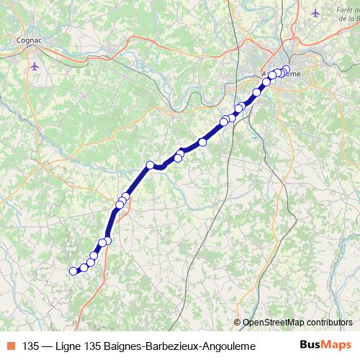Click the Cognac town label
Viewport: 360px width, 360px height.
(x=30, y=41)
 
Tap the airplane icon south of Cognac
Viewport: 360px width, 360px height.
(x=35, y=66)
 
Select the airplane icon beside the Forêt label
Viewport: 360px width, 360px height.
(x=315, y=13)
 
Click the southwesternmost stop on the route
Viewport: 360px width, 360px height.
(x=73, y=271)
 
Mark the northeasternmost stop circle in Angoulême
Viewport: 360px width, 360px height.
(x=286, y=70)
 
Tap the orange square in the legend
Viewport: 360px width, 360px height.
(x=11, y=346)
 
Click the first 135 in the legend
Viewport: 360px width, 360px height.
(x=31, y=346)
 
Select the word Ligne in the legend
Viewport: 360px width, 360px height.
(x=69, y=346)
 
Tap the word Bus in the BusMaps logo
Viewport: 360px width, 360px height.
(x=312, y=345)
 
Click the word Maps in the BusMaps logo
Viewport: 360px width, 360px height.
(x=337, y=345)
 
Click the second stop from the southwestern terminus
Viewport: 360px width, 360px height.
(x=84, y=268)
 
